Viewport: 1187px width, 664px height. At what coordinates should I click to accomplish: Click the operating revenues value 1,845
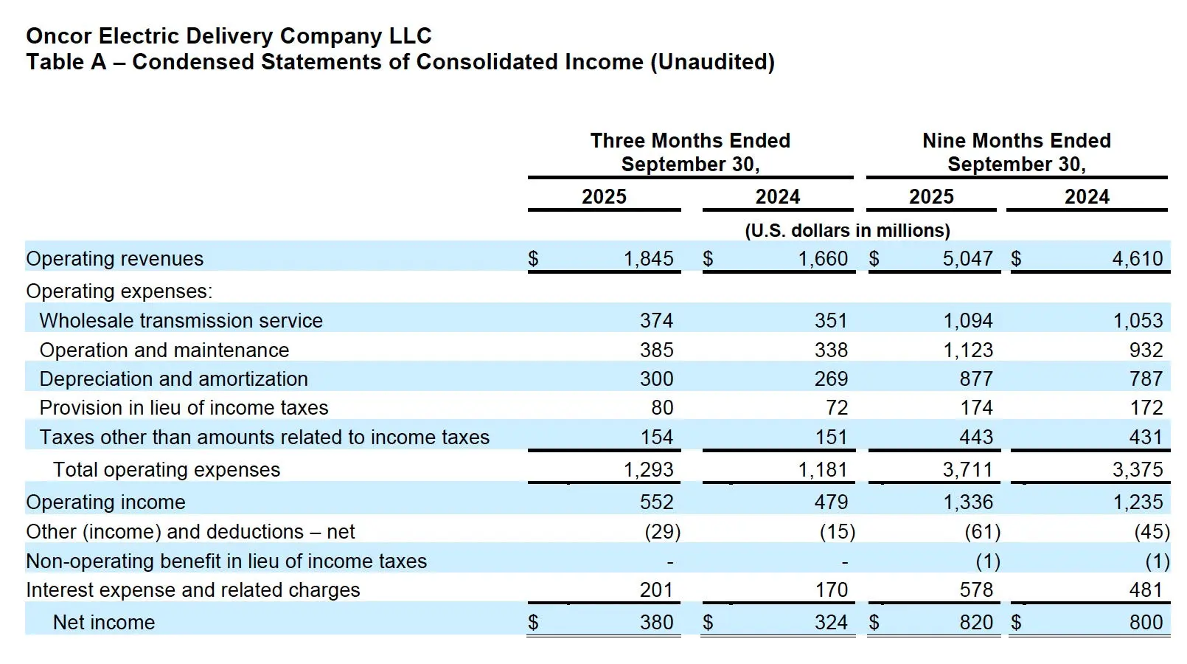pyautogui.click(x=648, y=259)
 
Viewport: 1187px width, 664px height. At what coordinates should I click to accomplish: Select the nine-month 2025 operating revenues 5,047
pyautogui.click(x=967, y=259)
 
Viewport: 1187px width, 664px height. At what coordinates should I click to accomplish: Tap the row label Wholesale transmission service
pyautogui.click(x=181, y=321)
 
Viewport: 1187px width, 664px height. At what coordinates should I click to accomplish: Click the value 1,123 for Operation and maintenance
pyautogui.click(x=968, y=350)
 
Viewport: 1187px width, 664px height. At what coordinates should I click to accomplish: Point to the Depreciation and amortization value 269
pyautogui.click(x=831, y=379)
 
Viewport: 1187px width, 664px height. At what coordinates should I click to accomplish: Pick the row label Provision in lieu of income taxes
pyautogui.click(x=184, y=408)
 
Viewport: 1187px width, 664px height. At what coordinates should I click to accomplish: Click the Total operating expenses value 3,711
pyautogui.click(x=967, y=470)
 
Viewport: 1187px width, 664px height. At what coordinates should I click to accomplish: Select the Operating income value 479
pyautogui.click(x=831, y=502)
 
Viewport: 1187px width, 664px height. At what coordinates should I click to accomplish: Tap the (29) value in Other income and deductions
pyautogui.click(x=662, y=532)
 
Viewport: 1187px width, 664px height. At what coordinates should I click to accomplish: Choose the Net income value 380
pyautogui.click(x=656, y=623)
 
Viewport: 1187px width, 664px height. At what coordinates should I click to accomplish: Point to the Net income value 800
pyautogui.click(x=1146, y=623)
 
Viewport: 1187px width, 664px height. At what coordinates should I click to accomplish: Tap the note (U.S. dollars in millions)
pyautogui.click(x=847, y=231)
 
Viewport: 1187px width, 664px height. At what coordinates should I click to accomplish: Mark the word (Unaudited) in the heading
pyautogui.click(x=711, y=62)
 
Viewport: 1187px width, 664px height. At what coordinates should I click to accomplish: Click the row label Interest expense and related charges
pyautogui.click(x=192, y=590)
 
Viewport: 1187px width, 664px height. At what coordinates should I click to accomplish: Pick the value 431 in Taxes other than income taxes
pyautogui.click(x=1146, y=438)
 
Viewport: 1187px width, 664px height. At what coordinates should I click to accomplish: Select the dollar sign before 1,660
pyautogui.click(x=708, y=259)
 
